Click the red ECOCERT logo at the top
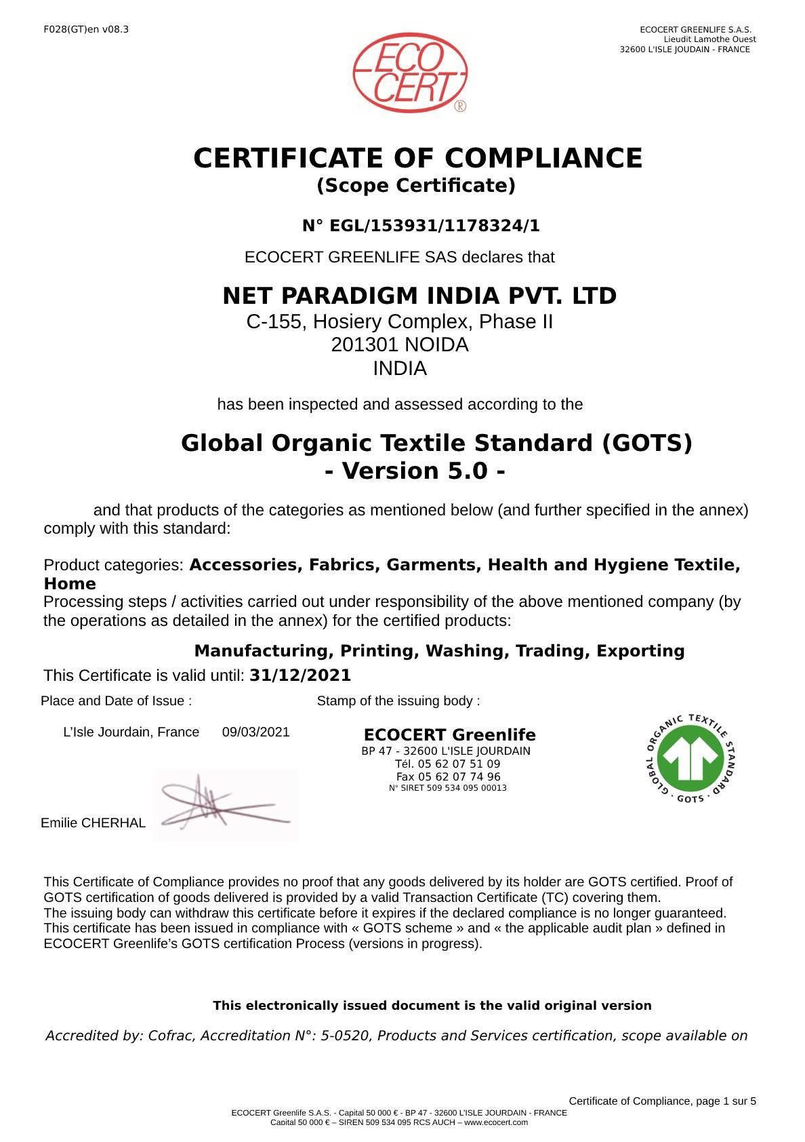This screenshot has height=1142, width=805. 409,73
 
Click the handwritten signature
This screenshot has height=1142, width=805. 224,805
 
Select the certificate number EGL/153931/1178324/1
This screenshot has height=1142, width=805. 434,226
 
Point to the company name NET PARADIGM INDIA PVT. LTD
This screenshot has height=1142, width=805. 419,296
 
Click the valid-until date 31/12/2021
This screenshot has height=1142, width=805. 300,675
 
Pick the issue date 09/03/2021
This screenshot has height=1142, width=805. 255,732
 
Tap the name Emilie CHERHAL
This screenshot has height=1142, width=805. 93,823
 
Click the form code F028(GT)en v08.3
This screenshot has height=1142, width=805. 86,30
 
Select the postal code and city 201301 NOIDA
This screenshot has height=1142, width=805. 400,345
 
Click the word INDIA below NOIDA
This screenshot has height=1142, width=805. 400,369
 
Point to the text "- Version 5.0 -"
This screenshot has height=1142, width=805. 415,471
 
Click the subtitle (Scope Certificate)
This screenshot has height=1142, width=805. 416,186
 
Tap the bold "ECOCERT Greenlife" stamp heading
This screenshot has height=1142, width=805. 449,735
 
